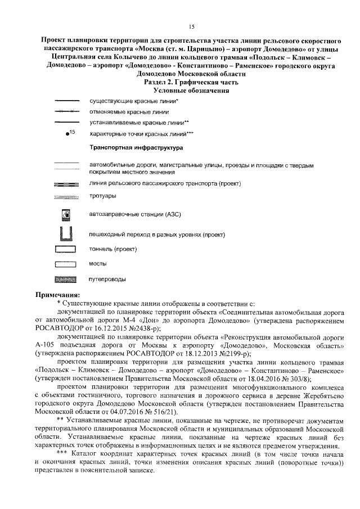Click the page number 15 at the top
191,26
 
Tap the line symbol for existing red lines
66,101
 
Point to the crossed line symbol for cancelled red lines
66,112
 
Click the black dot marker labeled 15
67,135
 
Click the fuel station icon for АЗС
66,214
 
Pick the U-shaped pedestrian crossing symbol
66,233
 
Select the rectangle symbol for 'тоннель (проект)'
66,248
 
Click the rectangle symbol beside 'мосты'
66,263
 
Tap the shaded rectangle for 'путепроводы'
66,279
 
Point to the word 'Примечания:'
58,294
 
